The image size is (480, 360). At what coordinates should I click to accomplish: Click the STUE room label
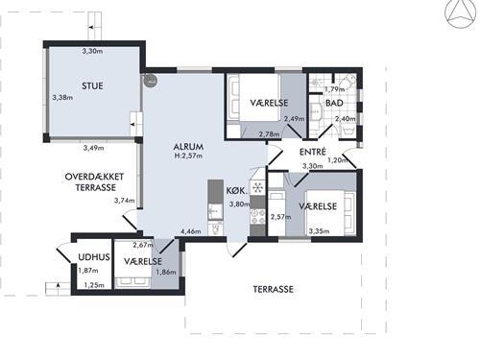click(x=92, y=85)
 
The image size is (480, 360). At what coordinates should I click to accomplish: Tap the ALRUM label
click(x=188, y=147)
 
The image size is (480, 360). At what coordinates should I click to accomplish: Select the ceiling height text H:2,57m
click(x=188, y=156)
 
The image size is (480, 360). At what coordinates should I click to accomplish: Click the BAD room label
click(x=334, y=103)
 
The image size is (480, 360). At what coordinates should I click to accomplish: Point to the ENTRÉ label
click(x=313, y=152)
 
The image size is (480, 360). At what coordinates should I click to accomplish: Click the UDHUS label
click(x=94, y=257)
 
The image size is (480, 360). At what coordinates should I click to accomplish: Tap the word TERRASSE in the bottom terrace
click(x=274, y=289)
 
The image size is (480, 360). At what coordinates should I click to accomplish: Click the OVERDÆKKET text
click(x=94, y=177)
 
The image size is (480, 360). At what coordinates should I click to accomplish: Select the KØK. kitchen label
click(x=237, y=191)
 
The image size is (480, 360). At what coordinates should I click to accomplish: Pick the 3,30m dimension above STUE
click(x=92, y=51)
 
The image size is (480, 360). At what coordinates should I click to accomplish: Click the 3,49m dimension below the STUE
click(x=94, y=148)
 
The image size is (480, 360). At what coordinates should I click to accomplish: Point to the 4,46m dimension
click(x=191, y=231)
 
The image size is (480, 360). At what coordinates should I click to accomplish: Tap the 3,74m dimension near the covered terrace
click(x=125, y=201)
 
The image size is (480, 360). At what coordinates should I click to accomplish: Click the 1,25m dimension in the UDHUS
click(x=94, y=285)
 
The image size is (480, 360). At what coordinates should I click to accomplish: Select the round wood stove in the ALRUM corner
click(x=150, y=81)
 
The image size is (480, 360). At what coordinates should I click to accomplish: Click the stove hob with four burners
click(x=257, y=216)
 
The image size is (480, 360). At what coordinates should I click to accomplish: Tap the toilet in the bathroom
click(x=348, y=80)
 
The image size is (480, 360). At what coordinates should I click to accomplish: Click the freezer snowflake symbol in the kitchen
click(x=258, y=187)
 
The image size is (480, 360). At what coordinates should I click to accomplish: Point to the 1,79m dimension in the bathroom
click(x=335, y=89)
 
